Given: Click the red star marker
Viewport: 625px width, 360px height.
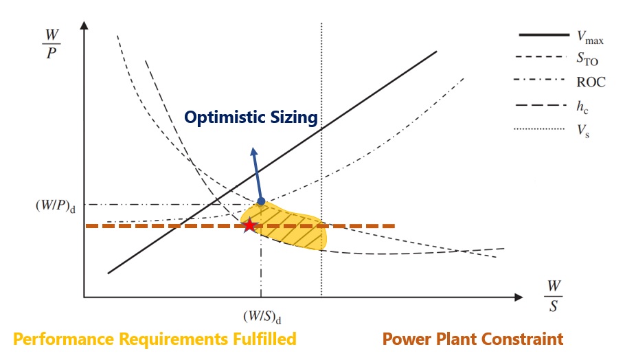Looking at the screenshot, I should pos(249,225).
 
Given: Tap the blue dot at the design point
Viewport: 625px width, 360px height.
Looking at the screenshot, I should pos(260,202).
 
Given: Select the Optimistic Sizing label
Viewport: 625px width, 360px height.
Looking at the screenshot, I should pos(251,117).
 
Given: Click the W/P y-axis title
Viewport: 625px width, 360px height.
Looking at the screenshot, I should pos(52,45).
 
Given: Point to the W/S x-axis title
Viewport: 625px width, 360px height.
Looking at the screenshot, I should pos(554,296).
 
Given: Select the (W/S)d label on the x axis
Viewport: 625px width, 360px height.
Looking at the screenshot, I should pos(262,317).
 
